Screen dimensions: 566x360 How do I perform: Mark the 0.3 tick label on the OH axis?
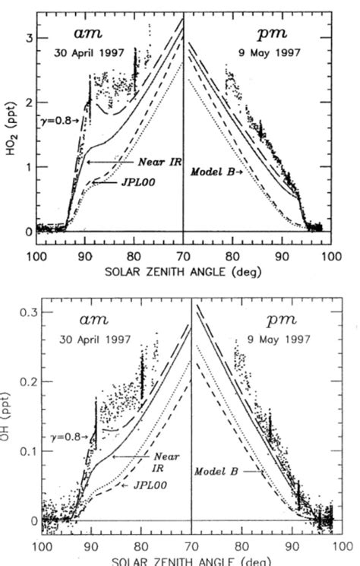pos(23,313)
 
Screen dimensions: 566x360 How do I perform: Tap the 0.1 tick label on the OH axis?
pos(23,451)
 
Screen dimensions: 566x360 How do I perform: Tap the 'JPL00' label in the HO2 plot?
pos(135,182)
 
